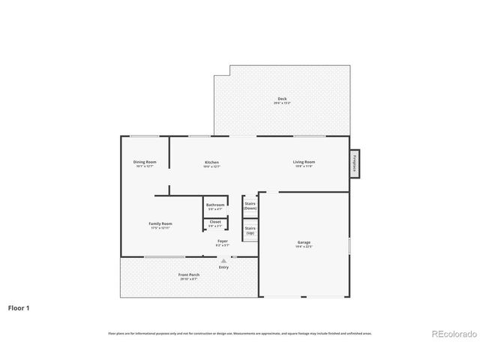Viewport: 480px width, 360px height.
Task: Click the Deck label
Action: [282, 98]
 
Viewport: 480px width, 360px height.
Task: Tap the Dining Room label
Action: [145, 162]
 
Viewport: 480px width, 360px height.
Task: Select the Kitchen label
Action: [212, 162]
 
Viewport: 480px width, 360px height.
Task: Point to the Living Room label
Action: [304, 162]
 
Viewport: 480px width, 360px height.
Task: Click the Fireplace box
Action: [353, 163]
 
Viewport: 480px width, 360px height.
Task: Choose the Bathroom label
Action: [215, 205]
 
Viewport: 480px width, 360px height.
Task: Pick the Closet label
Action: [215, 222]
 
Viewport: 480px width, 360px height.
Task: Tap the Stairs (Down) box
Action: [250, 205]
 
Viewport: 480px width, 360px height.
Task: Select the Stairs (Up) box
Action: [250, 230]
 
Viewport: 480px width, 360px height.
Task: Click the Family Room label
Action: [160, 223]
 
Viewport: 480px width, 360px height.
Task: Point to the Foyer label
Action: [223, 241]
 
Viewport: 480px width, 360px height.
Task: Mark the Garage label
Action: [304, 242]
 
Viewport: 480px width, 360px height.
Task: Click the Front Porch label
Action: [189, 275]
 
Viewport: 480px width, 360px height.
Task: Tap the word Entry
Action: [223, 267]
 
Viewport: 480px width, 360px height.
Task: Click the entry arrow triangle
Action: [223, 260]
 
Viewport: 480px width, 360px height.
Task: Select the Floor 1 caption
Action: [19, 307]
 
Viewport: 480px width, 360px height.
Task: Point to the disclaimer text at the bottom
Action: [240, 333]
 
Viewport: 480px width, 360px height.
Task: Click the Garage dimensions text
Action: [304, 247]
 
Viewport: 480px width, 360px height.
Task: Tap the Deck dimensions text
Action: [282, 103]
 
